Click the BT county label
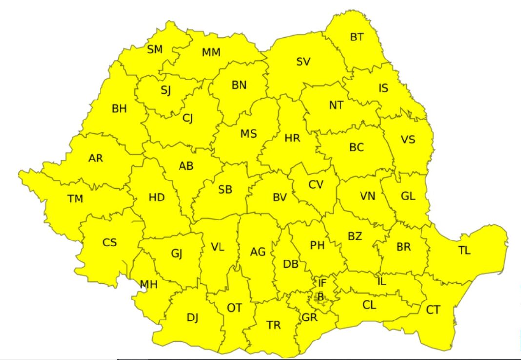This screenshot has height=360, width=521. click(357, 37)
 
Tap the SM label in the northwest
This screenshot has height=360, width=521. click(155, 49)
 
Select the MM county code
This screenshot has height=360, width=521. click(211, 52)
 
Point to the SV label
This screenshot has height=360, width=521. click(303, 62)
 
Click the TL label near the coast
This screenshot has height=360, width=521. click(464, 251)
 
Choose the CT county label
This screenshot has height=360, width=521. click(433, 310)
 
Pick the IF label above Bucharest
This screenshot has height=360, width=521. click(322, 282)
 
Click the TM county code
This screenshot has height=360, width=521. click(75, 199)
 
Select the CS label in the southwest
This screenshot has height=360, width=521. click(110, 242)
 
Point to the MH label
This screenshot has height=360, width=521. click(148, 285)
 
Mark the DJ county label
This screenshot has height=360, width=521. click(192, 318)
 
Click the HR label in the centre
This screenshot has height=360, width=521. click(292, 138)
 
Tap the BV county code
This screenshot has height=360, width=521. click(280, 198)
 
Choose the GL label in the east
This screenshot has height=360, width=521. click(408, 196)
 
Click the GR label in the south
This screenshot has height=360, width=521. click(310, 318)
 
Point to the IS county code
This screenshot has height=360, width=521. click(383, 88)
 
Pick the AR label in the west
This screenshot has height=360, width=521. click(96, 158)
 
